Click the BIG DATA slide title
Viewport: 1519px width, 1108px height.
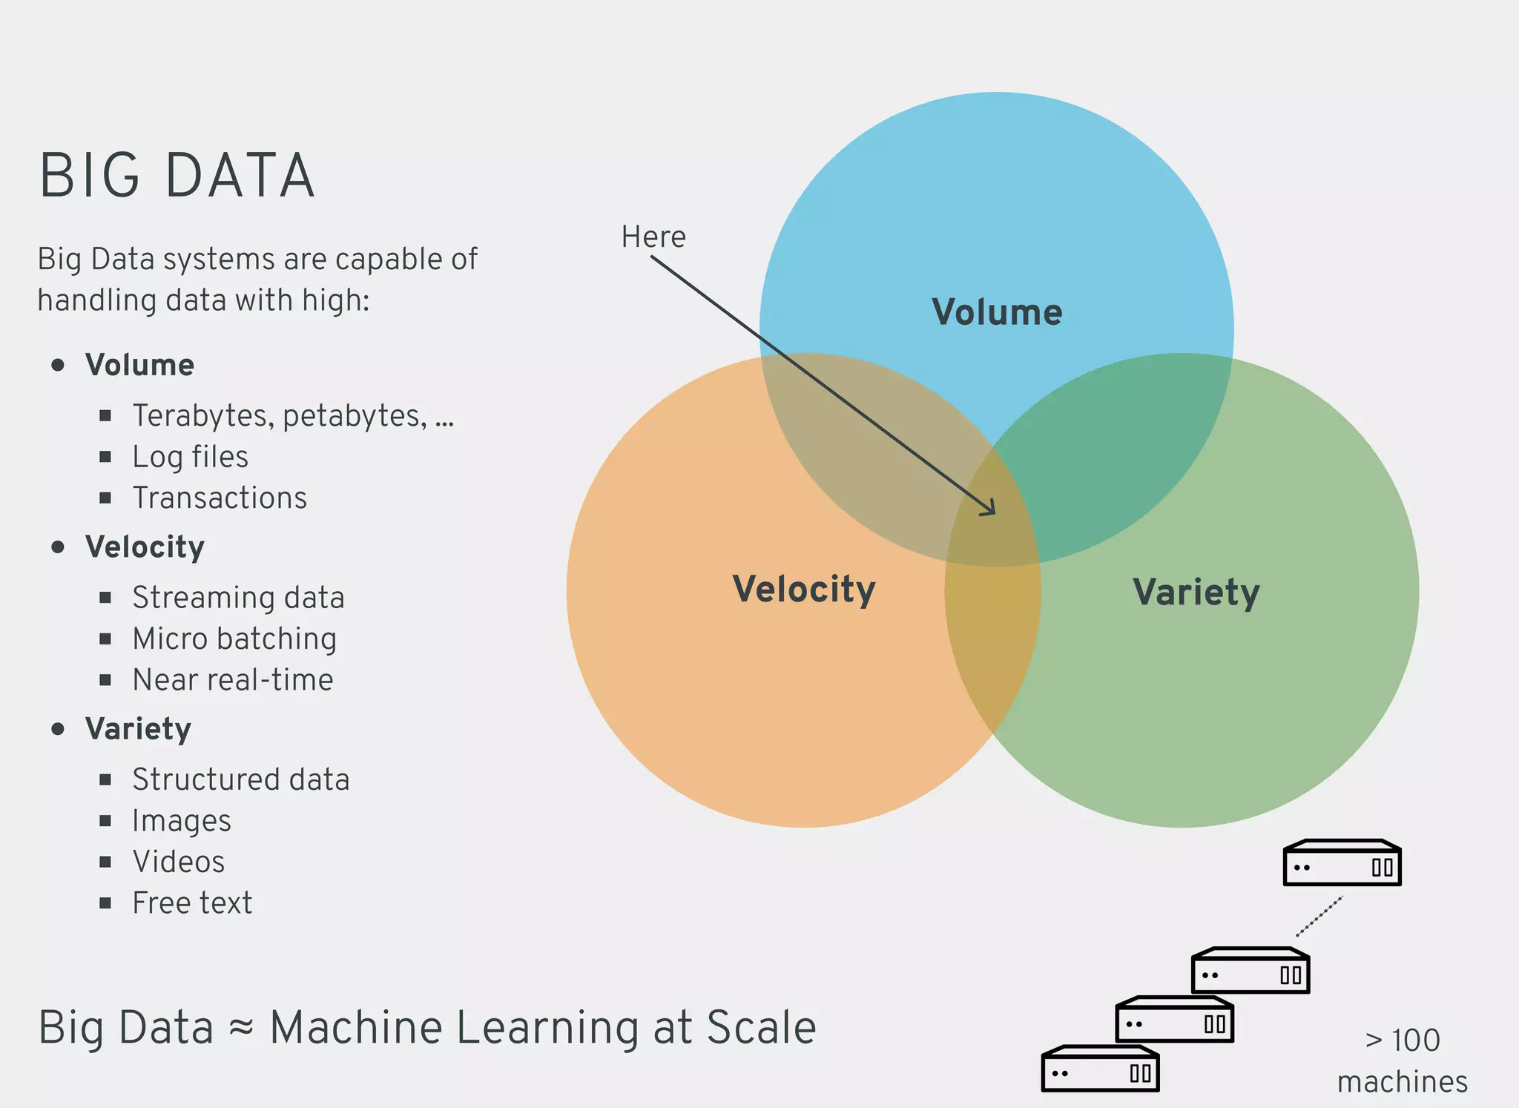(x=177, y=176)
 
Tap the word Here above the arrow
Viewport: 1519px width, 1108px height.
(x=653, y=237)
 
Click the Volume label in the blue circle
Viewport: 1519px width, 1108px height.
(x=997, y=312)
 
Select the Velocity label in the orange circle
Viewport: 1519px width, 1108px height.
(x=804, y=590)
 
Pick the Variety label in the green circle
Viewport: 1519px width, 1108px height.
(x=1196, y=593)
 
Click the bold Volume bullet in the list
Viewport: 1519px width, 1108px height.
(x=139, y=365)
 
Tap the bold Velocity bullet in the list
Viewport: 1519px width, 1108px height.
(x=145, y=547)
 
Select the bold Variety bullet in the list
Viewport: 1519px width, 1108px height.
(x=138, y=729)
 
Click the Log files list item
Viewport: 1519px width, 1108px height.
(x=190, y=457)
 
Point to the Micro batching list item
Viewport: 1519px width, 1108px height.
(x=234, y=639)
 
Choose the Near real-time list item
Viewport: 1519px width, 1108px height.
(x=233, y=680)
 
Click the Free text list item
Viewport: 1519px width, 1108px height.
(x=192, y=903)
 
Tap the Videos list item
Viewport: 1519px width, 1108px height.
(x=178, y=862)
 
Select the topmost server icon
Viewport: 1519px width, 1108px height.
(x=1342, y=863)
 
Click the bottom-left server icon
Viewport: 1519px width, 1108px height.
(x=1100, y=1069)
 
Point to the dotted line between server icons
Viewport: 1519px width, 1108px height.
(x=1319, y=917)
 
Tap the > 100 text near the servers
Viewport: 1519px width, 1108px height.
(x=1402, y=1041)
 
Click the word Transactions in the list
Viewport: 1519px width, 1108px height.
(x=220, y=498)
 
